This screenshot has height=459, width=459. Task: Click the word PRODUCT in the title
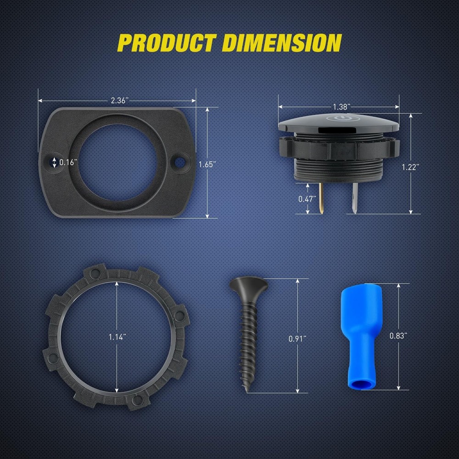167,43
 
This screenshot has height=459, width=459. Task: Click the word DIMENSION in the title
282,43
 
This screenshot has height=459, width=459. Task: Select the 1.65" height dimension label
207,164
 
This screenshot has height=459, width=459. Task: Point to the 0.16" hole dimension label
68,162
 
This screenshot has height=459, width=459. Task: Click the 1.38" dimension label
342,107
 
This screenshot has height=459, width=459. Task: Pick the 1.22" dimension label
410,167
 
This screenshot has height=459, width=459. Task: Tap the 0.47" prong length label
308,199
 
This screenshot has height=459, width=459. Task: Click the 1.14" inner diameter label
118,337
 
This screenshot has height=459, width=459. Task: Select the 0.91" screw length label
297,339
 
